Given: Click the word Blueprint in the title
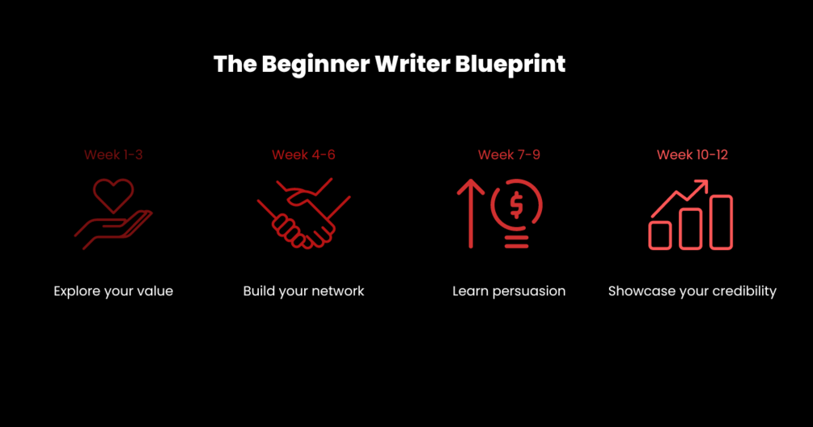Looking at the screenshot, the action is pyautogui.click(x=510, y=64).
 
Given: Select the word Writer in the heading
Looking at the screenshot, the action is pyautogui.click(x=413, y=64).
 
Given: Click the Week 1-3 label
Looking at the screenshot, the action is pyautogui.click(x=113, y=154).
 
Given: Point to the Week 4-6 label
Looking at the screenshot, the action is pyautogui.click(x=304, y=154).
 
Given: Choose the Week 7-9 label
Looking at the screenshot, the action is pyautogui.click(x=509, y=154).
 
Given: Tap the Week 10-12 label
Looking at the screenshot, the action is pyautogui.click(x=692, y=154).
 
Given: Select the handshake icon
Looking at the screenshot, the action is pyautogui.click(x=304, y=213).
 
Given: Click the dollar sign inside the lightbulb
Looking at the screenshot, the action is pyautogui.click(x=516, y=205).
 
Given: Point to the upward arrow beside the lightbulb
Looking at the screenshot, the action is pyautogui.click(x=471, y=213).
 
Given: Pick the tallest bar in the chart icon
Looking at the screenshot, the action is pyautogui.click(x=722, y=222).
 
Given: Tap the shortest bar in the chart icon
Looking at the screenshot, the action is pyautogui.click(x=660, y=235).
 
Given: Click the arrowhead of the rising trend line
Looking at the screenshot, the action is pyautogui.click(x=702, y=185).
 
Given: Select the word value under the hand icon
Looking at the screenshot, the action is pyautogui.click(x=155, y=290).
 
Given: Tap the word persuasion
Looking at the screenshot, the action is pyautogui.click(x=529, y=291).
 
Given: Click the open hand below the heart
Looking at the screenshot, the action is pyautogui.click(x=113, y=229).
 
